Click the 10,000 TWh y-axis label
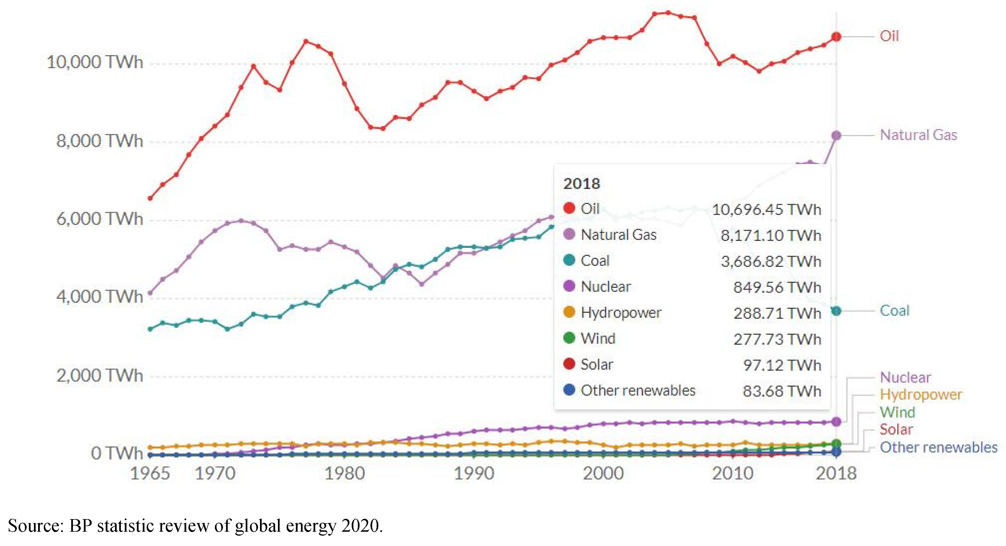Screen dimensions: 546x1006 95,62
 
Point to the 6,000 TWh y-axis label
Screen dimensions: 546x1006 100,219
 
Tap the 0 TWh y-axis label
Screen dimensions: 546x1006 117,453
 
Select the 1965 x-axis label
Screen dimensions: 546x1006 150,474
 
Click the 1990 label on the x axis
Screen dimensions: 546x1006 474,474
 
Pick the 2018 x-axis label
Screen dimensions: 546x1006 836,474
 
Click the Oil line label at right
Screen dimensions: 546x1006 889,36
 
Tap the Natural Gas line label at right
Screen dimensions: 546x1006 918,135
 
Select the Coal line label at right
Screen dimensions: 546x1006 894,311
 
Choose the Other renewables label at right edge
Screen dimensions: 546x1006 938,448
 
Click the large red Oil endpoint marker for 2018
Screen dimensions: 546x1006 836,37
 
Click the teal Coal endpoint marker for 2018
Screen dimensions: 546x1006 836,311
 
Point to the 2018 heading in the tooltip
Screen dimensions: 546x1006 581,184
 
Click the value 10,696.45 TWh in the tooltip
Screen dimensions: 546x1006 766,210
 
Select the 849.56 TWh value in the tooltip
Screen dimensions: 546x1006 777,287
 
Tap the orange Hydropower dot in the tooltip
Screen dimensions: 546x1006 569,312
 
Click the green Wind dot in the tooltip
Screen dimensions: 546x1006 569,338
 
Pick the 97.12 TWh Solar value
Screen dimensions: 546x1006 782,365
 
